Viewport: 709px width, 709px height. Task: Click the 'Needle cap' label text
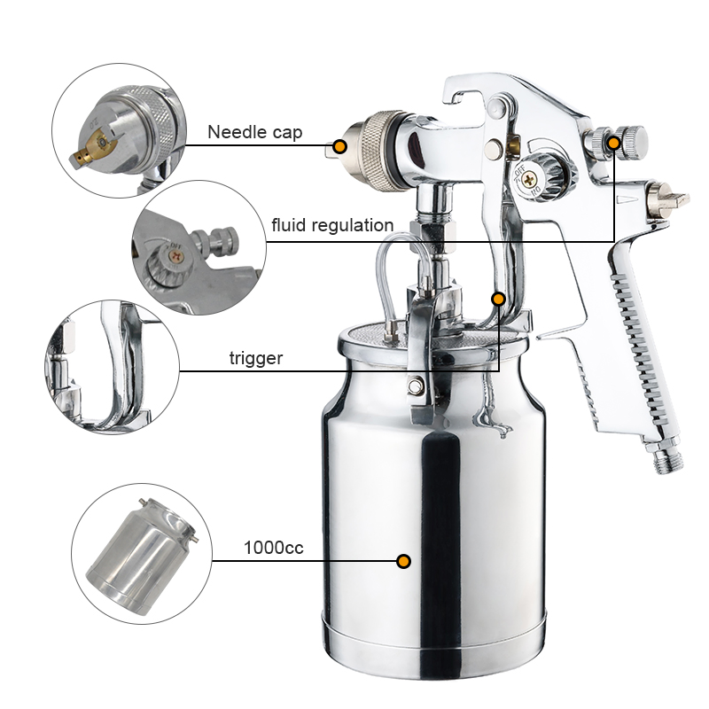point(254,133)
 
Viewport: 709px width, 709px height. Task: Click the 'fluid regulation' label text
point(332,225)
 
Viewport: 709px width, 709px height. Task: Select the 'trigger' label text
point(255,359)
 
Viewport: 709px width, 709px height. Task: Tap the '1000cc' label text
point(273,548)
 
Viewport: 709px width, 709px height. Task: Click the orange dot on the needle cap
point(339,145)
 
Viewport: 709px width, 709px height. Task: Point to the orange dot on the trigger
point(499,300)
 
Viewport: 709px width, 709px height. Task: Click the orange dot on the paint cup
point(403,561)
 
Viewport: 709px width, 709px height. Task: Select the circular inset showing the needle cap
point(117,130)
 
